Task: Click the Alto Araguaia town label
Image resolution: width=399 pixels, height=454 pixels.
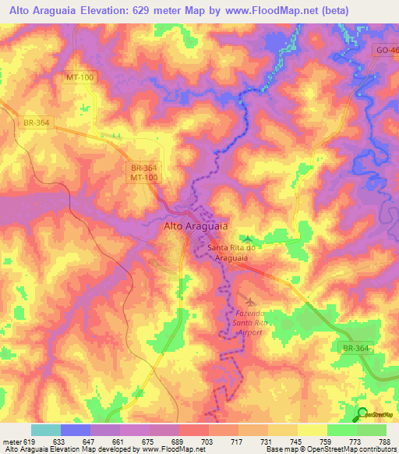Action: point(196,225)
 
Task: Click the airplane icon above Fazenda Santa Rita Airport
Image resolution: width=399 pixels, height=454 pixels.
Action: point(249,300)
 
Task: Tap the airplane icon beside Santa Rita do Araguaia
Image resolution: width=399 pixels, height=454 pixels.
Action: point(248,239)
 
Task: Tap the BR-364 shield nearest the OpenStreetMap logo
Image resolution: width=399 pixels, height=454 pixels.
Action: point(358,347)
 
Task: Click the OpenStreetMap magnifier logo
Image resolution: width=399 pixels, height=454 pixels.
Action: point(362,413)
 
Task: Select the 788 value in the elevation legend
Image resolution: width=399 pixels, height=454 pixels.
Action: point(386,442)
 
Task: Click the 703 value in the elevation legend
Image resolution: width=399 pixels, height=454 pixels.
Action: point(208,442)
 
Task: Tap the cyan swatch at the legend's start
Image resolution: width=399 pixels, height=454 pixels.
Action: point(45,430)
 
